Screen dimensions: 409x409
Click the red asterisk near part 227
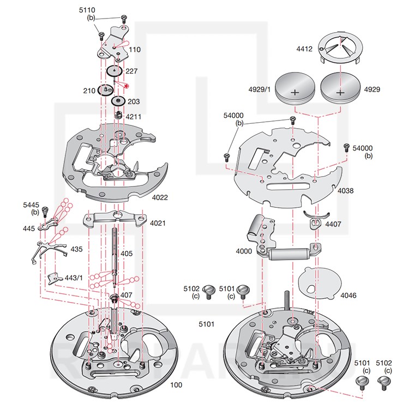click(127, 86)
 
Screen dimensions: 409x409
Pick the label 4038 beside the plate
click(346, 191)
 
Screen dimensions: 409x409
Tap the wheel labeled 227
click(114, 71)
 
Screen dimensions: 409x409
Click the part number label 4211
click(134, 116)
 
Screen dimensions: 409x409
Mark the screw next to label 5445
click(46, 209)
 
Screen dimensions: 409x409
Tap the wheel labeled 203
click(118, 102)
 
